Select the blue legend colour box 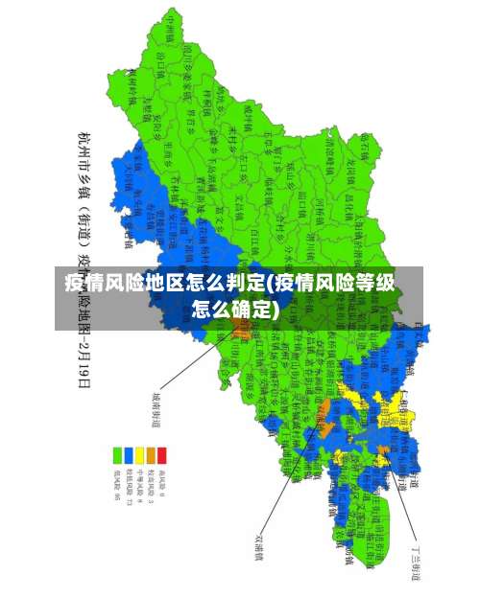click(129, 454)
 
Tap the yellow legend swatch click(140, 454)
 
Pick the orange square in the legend click(151, 454)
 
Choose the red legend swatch click(162, 454)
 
